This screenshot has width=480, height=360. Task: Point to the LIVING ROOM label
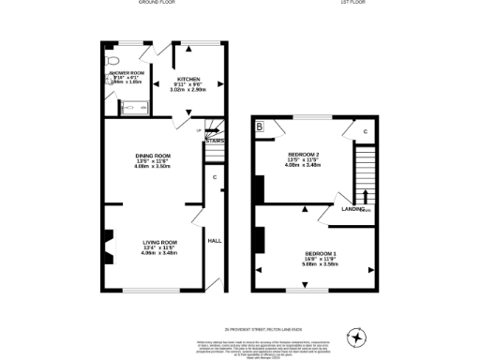click(158, 242)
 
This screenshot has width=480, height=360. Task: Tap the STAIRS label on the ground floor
click(215, 141)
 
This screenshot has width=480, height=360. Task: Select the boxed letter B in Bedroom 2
click(260, 126)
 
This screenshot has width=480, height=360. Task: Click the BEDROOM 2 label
click(303, 154)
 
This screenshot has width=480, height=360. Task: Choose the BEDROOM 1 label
click(321, 253)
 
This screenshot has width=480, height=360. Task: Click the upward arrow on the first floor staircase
click(365, 195)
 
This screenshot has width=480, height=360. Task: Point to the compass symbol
click(355, 336)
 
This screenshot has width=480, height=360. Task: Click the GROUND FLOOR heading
click(157, 3)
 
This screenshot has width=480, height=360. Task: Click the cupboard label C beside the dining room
click(215, 177)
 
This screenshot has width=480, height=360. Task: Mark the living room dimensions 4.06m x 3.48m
click(158, 253)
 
